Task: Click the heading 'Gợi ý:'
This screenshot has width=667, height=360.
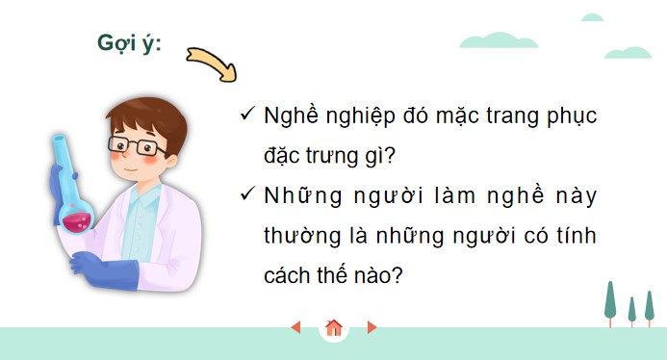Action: tap(129, 43)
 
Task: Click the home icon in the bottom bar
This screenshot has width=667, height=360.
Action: tap(334, 328)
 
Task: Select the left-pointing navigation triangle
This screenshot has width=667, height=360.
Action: tap(296, 328)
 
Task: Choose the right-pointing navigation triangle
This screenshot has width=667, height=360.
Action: tap(372, 328)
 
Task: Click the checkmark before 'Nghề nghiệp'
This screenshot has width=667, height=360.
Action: tap(246, 116)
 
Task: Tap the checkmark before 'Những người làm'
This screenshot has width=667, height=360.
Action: tap(246, 194)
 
